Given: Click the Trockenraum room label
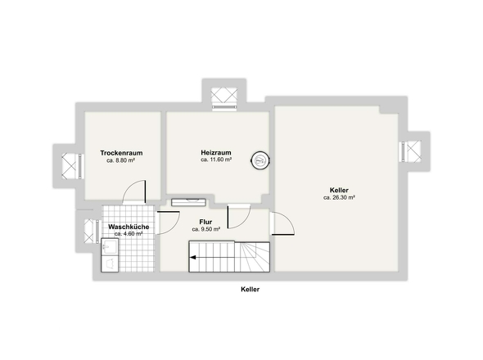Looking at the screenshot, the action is click(121, 153).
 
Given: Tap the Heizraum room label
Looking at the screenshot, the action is click(216, 152).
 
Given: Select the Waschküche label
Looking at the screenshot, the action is click(129, 227).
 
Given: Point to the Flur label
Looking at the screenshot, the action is click(205, 222).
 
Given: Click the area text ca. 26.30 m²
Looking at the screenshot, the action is click(339, 198).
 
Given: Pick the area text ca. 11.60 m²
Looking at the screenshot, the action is click(216, 160).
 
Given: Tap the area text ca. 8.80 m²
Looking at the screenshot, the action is click(121, 160).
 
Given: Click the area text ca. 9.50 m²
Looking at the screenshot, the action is click(205, 229).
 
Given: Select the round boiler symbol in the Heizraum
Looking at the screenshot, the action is click(260, 160).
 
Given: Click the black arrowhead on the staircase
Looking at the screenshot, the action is click(193, 258).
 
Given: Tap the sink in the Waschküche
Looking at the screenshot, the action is click(110, 246).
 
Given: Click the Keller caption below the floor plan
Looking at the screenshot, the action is click(251, 290).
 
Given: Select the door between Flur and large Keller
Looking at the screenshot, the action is click(282, 223).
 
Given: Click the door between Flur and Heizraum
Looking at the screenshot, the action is click(239, 217).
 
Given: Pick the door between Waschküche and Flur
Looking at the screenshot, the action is click(168, 223).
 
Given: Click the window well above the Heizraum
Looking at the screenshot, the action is click(224, 99).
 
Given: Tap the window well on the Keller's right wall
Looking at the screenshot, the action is click(411, 151).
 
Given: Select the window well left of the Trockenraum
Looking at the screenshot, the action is click(72, 166).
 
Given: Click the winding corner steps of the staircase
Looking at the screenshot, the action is click(252, 257).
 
